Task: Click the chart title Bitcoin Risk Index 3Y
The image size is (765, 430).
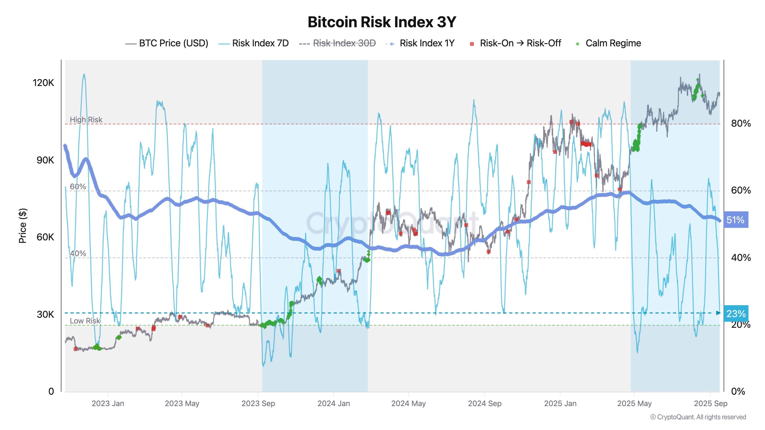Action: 382,22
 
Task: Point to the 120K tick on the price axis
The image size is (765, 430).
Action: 43,83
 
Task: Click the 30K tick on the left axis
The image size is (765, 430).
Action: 45,314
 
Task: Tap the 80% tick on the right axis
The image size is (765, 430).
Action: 740,123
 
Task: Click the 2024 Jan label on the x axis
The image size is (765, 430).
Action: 333,403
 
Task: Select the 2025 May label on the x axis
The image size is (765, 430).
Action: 634,403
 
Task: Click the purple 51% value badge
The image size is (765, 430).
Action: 735,220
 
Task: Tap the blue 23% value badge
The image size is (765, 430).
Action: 735,314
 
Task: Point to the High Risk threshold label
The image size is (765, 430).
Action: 86,120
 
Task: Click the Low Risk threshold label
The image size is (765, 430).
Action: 85,321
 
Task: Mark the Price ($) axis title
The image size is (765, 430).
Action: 23,226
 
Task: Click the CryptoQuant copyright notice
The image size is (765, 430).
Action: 698,417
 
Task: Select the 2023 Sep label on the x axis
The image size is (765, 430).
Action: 258,403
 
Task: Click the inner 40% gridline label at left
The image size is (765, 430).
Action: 78,254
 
